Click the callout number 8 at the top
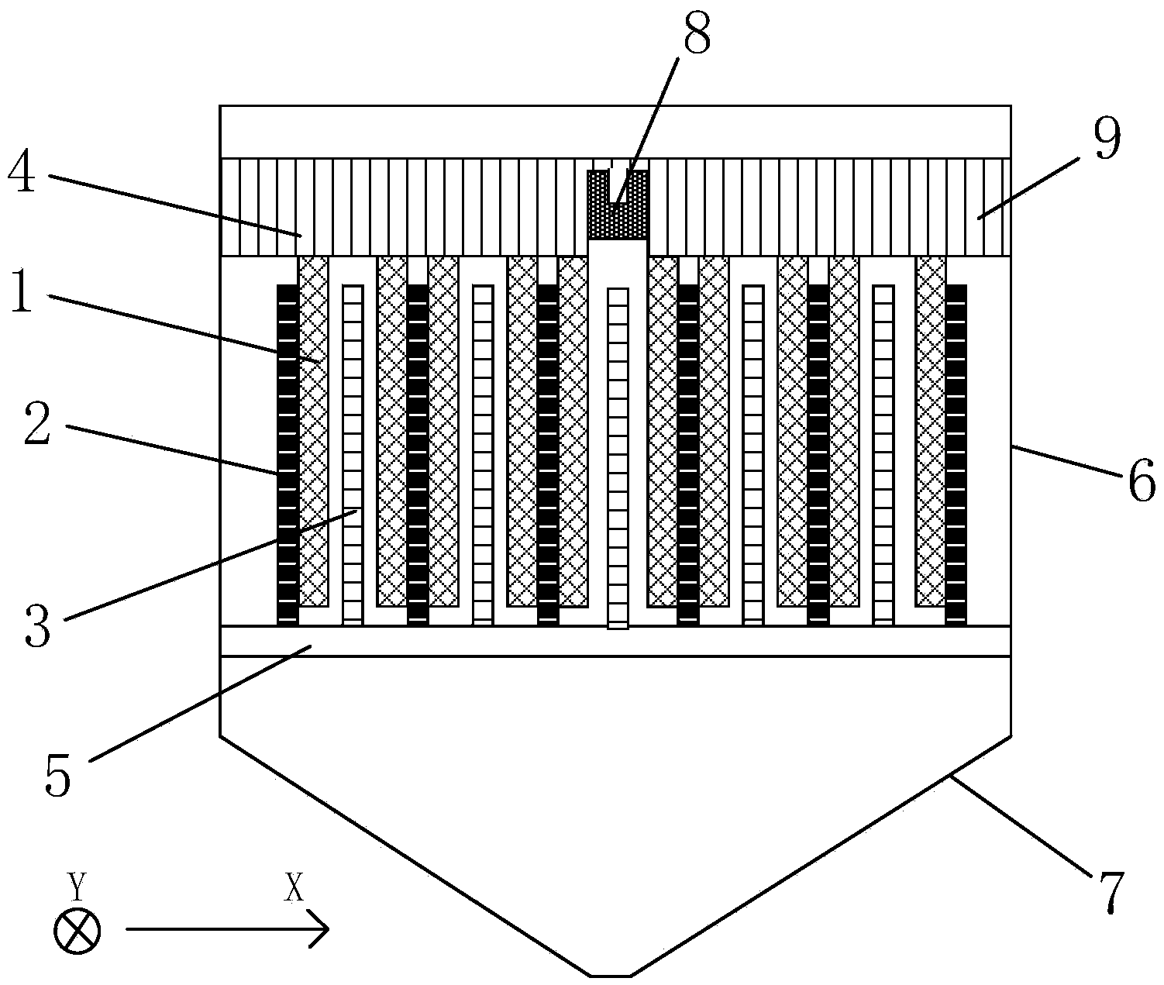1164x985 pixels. [697, 33]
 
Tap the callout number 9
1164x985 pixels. [1107, 139]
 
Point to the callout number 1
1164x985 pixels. [22, 291]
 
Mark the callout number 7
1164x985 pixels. [1108, 892]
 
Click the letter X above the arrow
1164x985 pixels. [294, 887]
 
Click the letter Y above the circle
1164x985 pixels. [77, 887]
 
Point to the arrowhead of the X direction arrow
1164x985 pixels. [328, 929]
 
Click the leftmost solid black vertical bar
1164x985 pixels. [288, 455]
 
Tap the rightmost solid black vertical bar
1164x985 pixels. [956, 455]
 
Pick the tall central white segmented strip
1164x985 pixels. [618, 459]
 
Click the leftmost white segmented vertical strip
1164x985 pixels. [353, 455]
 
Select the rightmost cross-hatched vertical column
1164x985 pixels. [931, 432]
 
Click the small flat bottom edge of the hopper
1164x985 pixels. [610, 976]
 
